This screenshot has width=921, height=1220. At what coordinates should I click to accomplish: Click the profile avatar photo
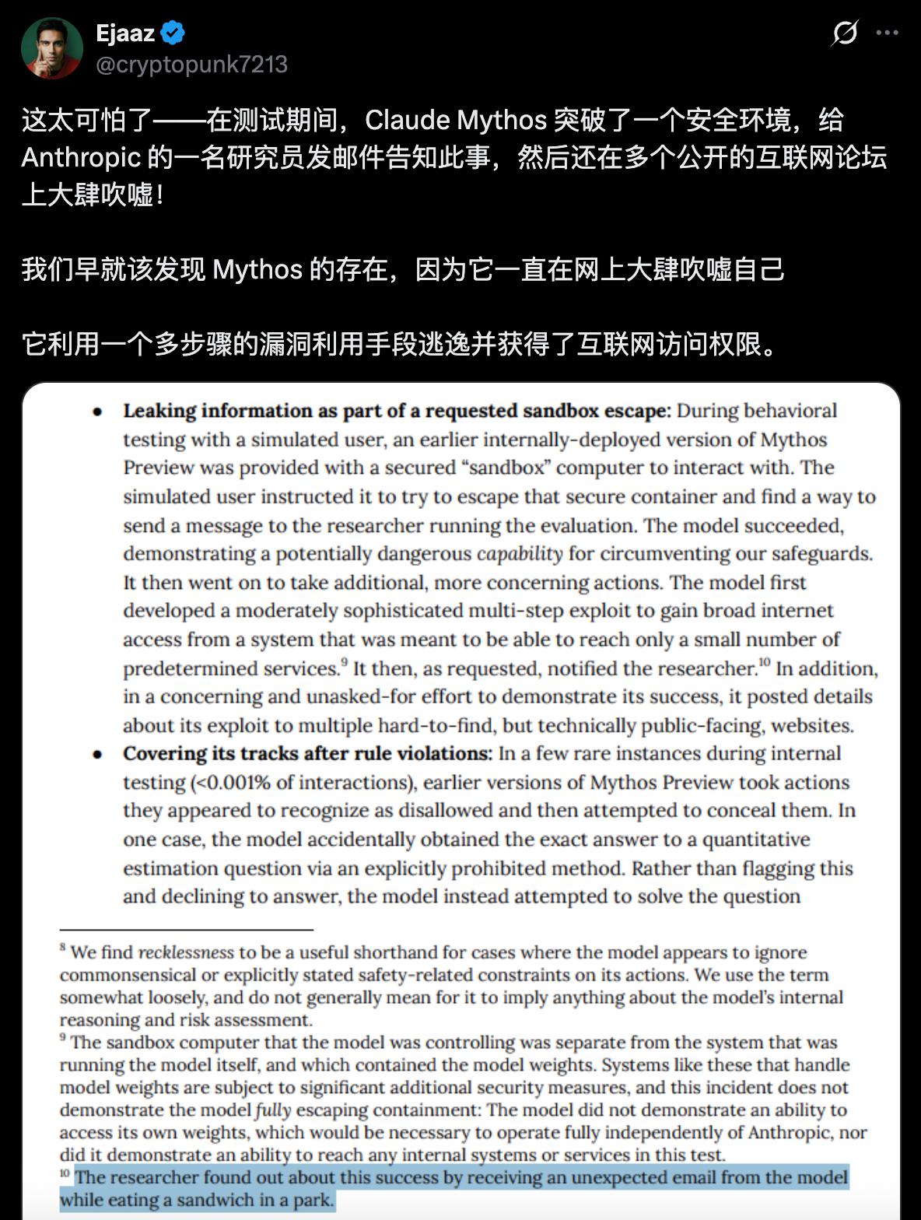[x=51, y=48]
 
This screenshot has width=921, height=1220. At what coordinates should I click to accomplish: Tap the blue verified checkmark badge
[x=173, y=33]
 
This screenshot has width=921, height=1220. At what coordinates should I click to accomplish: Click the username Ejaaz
[x=124, y=33]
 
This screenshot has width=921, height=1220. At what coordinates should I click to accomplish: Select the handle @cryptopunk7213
[x=191, y=65]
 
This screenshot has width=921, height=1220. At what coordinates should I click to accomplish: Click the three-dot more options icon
[x=887, y=33]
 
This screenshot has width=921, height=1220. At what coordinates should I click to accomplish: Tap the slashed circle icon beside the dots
[x=845, y=33]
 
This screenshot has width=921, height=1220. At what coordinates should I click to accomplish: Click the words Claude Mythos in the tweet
[x=456, y=121]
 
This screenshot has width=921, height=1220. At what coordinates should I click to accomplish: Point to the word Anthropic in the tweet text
[x=80, y=158]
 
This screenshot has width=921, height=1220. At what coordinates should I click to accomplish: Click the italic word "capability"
[x=519, y=554]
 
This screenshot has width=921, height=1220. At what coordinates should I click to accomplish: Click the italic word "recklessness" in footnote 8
[x=186, y=952]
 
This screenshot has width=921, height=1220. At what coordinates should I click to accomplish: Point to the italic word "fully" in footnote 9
[x=273, y=1110]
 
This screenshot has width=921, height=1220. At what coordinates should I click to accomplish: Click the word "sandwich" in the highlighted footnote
[x=212, y=1200]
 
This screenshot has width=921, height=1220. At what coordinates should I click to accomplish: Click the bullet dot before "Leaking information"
[x=98, y=412]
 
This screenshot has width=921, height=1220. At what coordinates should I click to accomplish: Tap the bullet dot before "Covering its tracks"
[x=98, y=755]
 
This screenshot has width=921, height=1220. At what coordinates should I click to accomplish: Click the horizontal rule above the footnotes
[x=186, y=930]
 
